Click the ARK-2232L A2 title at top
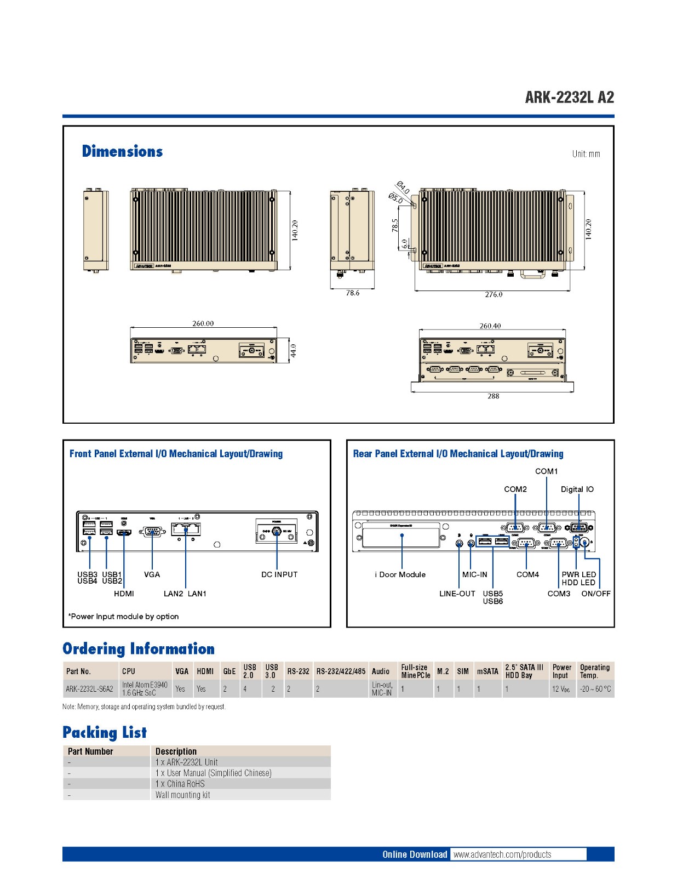tap(569, 98)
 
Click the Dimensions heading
tap(122, 151)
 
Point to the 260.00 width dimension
tap(203, 323)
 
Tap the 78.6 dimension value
tap(353, 293)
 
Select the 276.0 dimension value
tap(494, 294)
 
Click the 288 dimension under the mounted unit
tap(494, 396)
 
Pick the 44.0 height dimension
tap(293, 350)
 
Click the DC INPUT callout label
tap(279, 574)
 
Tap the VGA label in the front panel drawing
tap(152, 574)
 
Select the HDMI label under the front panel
tap(124, 594)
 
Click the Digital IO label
tap(577, 489)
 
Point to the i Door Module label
tap(400, 574)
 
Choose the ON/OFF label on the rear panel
tap(596, 594)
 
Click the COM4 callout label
tap(527, 574)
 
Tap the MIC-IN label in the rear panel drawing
tap(474, 574)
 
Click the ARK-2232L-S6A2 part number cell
tap(89, 689)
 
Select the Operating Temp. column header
tap(594, 671)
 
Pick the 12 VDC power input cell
tap(561, 689)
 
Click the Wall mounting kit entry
tap(182, 795)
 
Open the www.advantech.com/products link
tap(502, 855)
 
